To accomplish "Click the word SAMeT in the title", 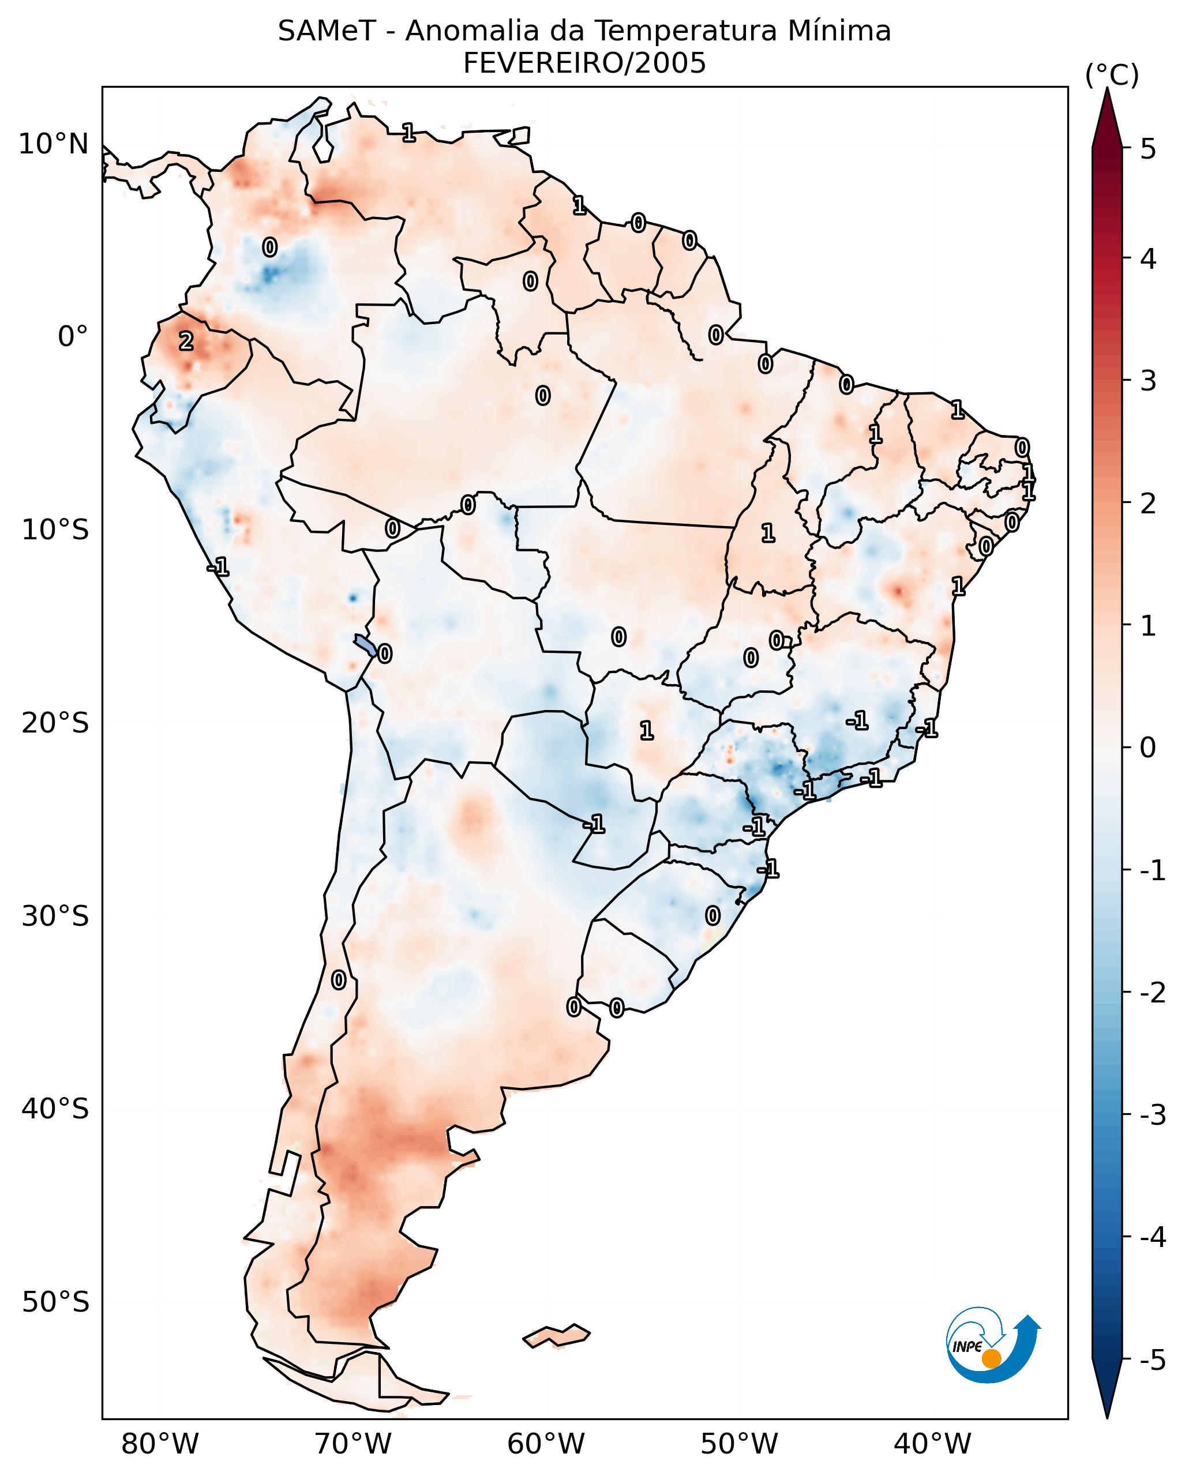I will (x=327, y=32).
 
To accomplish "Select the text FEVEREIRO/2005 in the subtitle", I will (x=584, y=63).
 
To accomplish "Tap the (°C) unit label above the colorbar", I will (x=1112, y=76).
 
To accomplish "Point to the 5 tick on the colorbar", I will (x=1148, y=149).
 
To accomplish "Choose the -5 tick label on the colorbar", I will (x=1152, y=1360).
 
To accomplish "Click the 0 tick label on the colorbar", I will (x=1148, y=748).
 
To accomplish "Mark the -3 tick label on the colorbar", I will (x=1152, y=1115).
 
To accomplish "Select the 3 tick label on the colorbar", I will (x=1148, y=381).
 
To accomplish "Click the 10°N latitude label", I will (x=54, y=144).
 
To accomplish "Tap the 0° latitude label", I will (x=73, y=337).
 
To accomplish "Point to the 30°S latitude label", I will (x=55, y=916).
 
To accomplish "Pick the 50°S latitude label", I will (x=55, y=1302).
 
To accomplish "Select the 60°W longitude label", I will (x=546, y=1444).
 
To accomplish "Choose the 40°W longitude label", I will (x=932, y=1444).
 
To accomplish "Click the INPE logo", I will (x=992, y=1347).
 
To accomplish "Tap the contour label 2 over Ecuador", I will (x=186, y=341).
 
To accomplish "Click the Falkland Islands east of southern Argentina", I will (x=556, y=1336).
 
